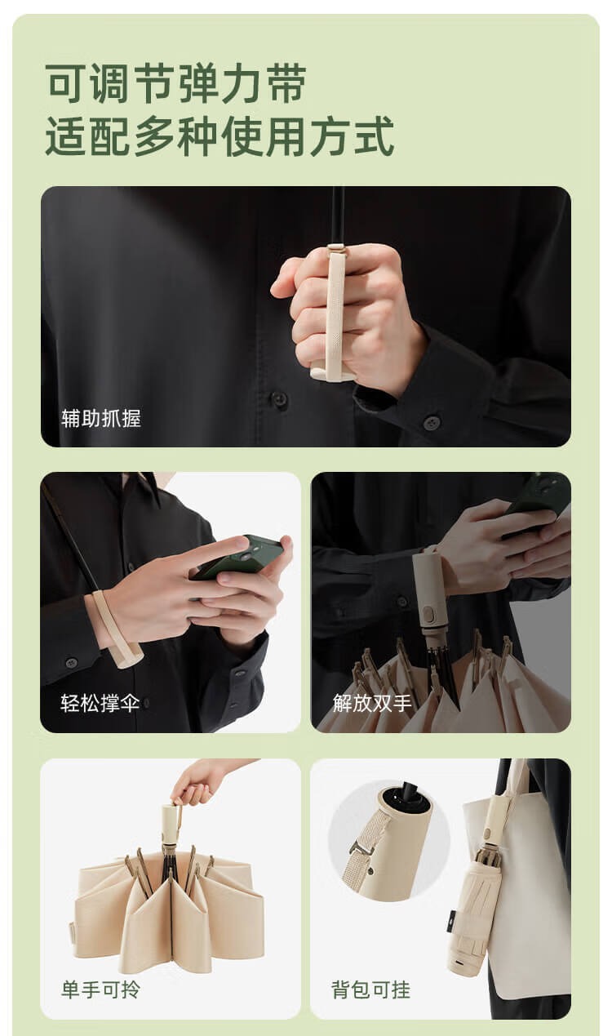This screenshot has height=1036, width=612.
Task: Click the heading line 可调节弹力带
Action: click(x=175, y=84)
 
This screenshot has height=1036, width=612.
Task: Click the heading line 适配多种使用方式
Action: click(x=220, y=137)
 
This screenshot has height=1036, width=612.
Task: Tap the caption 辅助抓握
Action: click(x=100, y=418)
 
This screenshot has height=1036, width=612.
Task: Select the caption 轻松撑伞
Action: click(x=100, y=703)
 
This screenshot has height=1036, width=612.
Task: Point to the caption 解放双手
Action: click(x=371, y=703)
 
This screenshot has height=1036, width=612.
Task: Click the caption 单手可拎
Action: click(x=100, y=989)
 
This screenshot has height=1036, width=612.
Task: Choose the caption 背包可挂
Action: click(x=370, y=989)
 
